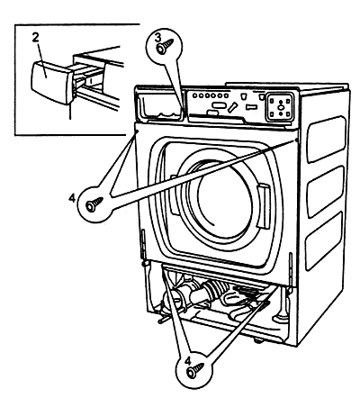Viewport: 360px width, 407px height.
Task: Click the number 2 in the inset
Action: click(36, 38)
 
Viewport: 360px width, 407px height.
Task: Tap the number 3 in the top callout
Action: click(157, 38)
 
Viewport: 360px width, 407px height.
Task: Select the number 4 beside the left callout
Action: click(72, 198)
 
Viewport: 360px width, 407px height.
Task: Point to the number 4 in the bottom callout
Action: click(188, 361)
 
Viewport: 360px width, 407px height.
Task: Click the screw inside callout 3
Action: click(166, 47)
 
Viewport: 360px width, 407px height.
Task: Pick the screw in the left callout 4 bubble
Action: click(94, 204)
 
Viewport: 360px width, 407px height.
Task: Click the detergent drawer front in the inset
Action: click(49, 81)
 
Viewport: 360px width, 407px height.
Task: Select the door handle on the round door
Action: click(264, 207)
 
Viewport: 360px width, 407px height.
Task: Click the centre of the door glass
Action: click(224, 201)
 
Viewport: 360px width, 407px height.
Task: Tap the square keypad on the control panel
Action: click(280, 106)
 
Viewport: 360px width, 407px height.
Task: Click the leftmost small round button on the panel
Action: click(195, 95)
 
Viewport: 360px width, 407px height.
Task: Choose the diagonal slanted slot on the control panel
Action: click(232, 106)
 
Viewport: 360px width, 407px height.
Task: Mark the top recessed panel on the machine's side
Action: click(326, 139)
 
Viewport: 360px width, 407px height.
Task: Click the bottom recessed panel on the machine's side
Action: click(325, 240)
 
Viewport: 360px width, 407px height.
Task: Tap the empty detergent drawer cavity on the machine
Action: click(162, 107)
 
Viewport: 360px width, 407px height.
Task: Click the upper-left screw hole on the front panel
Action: click(137, 131)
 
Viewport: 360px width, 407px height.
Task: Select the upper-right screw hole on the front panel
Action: click(296, 140)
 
